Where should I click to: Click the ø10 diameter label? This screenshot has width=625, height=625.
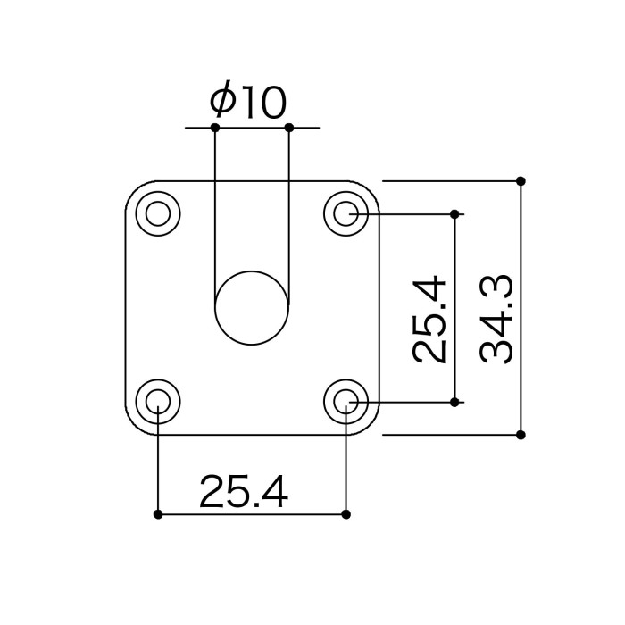[248, 100]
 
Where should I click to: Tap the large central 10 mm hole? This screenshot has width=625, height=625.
[252, 308]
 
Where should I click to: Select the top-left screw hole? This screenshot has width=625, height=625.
[158, 213]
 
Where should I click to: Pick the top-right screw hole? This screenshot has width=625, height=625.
[346, 213]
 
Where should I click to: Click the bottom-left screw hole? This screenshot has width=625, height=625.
[158, 402]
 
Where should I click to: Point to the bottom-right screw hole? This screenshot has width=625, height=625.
[346, 402]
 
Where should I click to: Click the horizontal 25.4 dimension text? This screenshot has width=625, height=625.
[244, 491]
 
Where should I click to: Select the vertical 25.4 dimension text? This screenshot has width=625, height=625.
[429, 320]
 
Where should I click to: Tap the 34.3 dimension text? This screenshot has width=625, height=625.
[496, 320]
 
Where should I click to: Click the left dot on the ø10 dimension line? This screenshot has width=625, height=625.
[215, 128]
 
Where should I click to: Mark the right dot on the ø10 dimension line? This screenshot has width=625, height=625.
[289, 128]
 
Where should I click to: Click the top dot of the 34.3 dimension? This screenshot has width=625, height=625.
[521, 181]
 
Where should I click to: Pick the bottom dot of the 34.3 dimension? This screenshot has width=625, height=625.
[521, 435]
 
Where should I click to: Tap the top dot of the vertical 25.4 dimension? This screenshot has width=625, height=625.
[454, 214]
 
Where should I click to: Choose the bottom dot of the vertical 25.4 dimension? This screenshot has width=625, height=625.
[454, 403]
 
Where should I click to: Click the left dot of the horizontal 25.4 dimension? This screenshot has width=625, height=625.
[158, 514]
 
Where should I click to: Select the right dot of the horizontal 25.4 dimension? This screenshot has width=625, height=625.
[346, 514]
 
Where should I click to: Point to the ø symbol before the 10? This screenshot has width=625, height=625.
[221, 100]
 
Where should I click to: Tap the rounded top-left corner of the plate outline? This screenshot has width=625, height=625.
[135, 190]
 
